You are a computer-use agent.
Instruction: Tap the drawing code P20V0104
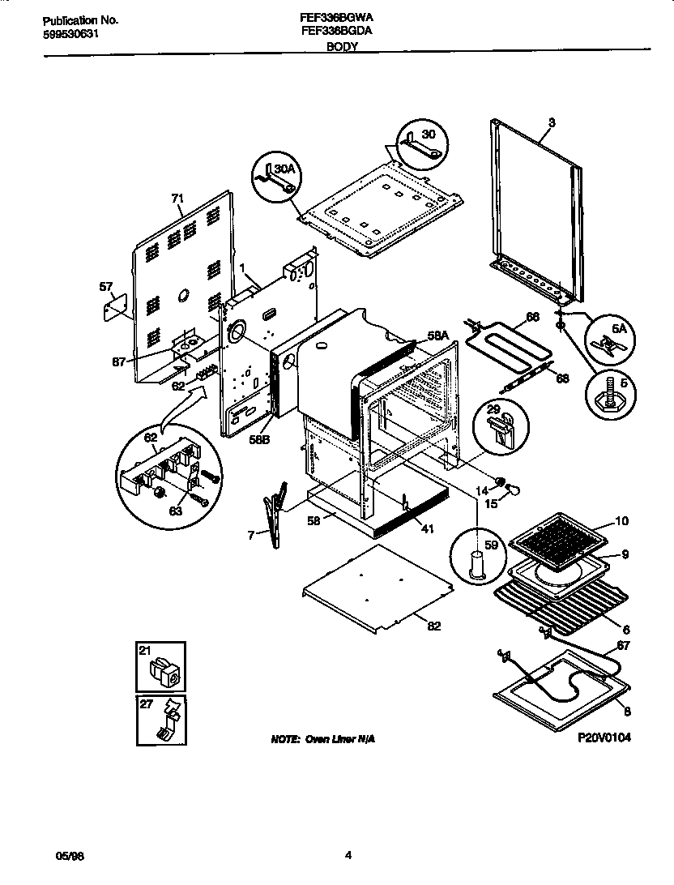[604, 737]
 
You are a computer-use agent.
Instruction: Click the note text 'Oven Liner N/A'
[321, 739]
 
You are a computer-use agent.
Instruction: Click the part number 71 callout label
[177, 198]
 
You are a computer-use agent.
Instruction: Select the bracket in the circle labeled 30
[419, 147]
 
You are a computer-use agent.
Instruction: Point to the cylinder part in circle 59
[476, 562]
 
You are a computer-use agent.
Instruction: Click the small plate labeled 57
[116, 306]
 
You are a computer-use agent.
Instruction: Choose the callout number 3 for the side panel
[552, 122]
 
